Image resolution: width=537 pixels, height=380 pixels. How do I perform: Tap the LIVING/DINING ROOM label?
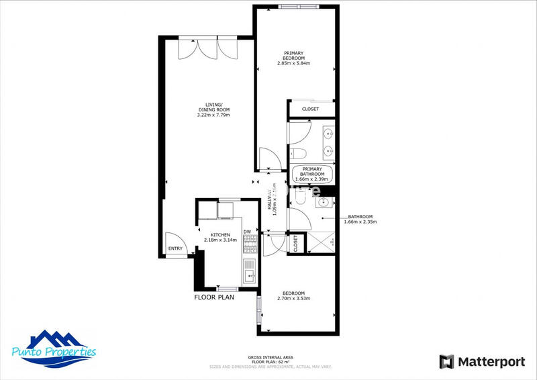click(x=213, y=109)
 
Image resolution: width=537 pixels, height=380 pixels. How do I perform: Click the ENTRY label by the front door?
click(x=175, y=249)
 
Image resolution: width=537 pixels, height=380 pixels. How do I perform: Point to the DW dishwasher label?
click(x=247, y=232)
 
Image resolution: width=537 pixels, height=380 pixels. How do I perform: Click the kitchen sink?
click(x=250, y=274)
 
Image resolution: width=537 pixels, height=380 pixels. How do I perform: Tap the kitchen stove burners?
click(x=250, y=249)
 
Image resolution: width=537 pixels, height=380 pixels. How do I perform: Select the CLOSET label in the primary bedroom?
click(x=309, y=109)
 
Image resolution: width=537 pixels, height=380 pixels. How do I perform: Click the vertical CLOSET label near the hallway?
click(x=295, y=242)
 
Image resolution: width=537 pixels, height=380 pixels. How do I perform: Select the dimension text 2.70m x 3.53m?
click(x=293, y=299)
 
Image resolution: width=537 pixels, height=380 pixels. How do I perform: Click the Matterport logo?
click(x=482, y=362)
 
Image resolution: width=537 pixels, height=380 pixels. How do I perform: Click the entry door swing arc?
click(x=174, y=239)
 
